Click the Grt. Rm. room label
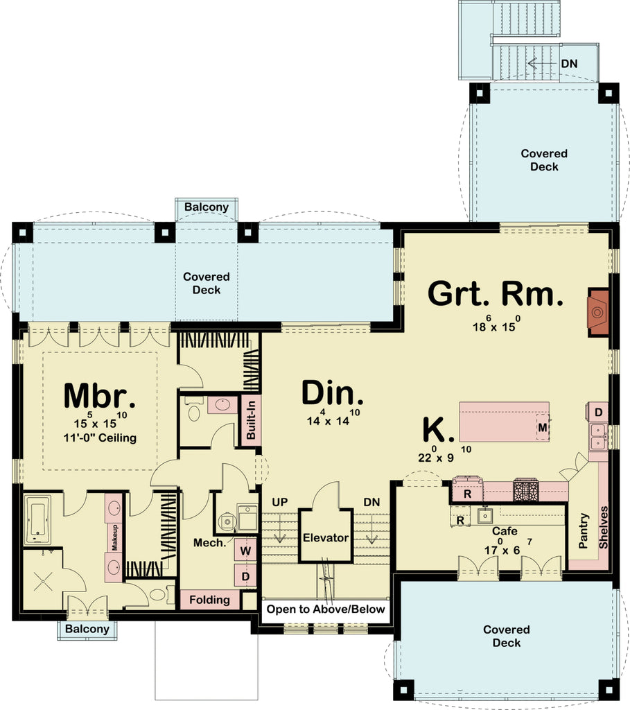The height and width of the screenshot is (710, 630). tap(494, 293)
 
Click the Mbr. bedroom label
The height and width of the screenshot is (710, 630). tap(98, 396)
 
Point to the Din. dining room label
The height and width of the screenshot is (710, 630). tap(333, 393)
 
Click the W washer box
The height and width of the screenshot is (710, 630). tap(245, 551)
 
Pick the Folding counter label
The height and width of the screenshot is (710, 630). tap(209, 600)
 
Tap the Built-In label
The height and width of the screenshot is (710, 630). tap(250, 419)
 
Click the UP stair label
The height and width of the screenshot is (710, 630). tap(280, 501)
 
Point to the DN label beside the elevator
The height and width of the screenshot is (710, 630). tap(371, 501)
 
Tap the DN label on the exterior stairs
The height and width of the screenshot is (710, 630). tap(569, 63)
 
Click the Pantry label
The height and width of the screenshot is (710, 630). tap(584, 531)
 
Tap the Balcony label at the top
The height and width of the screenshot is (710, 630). tap(207, 207)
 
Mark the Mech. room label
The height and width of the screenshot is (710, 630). tap(210, 543)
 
